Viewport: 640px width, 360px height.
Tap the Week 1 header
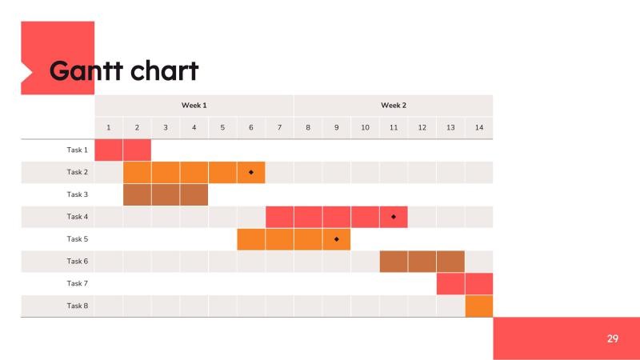pyautogui.click(x=194, y=106)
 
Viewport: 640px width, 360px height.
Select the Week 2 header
pyautogui.click(x=393, y=106)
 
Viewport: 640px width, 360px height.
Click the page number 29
pyautogui.click(x=613, y=339)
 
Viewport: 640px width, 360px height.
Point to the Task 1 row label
pyautogui.click(x=78, y=150)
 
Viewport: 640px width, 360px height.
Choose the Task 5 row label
pyautogui.click(x=78, y=239)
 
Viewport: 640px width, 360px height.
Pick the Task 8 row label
pyautogui.click(x=78, y=306)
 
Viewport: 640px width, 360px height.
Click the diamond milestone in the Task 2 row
pyautogui.click(x=251, y=172)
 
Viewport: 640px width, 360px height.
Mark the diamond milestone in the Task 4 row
pyautogui.click(x=394, y=217)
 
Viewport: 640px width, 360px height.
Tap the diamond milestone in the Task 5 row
pyautogui.click(x=337, y=239)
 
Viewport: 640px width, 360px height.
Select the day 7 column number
pyautogui.click(x=279, y=128)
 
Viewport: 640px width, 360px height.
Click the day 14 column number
pyautogui.click(x=478, y=128)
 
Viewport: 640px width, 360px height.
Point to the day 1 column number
pyautogui.click(x=109, y=128)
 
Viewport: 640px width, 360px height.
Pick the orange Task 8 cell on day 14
pyautogui.click(x=478, y=306)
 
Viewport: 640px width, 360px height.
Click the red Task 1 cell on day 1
pyautogui.click(x=109, y=150)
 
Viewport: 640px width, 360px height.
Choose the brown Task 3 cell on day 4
pyautogui.click(x=194, y=194)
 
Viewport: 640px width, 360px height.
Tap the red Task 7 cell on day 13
pyautogui.click(x=450, y=284)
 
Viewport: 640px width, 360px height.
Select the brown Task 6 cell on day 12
pyautogui.click(x=422, y=262)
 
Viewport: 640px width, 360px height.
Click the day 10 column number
pyautogui.click(x=365, y=128)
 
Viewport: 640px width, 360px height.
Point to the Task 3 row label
pyautogui.click(x=78, y=194)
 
